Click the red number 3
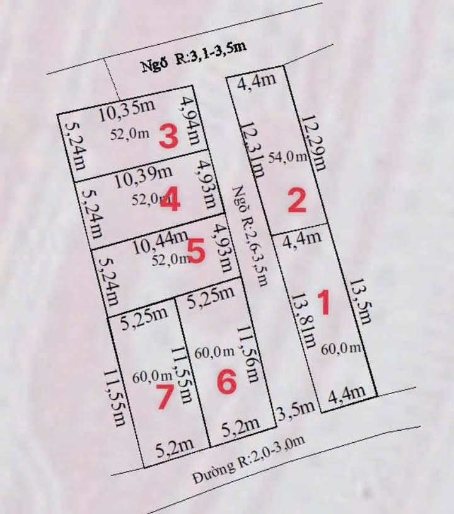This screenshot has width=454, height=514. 168,136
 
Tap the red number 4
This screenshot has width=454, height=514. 170,201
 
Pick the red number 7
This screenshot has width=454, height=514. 165,397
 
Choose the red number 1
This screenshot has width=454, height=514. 323,303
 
